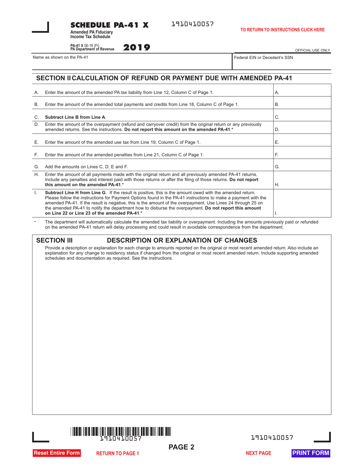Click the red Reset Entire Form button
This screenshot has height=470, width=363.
(57, 453)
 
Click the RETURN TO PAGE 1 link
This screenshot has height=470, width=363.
(117, 454)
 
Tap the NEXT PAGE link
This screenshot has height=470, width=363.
(258, 453)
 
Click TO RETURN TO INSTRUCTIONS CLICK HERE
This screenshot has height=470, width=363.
(282, 29)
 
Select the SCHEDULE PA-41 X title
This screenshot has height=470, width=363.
(109, 25)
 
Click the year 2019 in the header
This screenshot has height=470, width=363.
(137, 48)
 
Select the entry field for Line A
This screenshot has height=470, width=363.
(302, 92)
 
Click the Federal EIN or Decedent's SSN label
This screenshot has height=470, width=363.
(263, 57)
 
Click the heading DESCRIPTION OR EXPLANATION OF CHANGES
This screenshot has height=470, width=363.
(182, 240)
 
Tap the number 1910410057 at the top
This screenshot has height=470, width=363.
(192, 24)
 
